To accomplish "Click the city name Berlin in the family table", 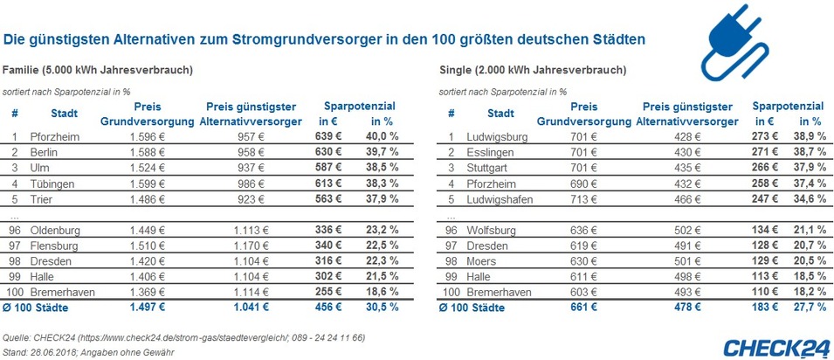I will [44, 152].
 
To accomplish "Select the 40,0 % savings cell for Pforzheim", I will [382, 136].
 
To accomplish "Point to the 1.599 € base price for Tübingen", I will [147, 183].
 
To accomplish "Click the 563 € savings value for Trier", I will [331, 199].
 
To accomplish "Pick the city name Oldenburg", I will [55, 231].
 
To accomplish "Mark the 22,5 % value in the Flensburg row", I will [382, 246].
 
